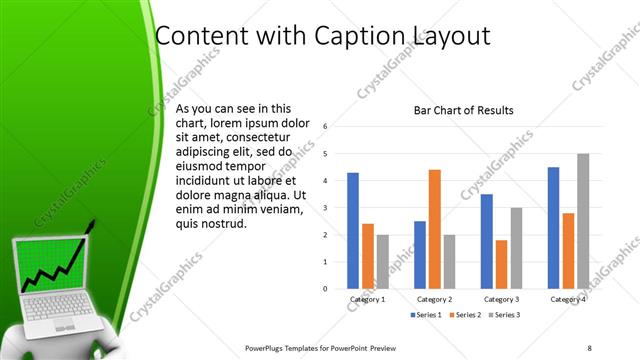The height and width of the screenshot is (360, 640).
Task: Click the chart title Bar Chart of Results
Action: click(x=463, y=110)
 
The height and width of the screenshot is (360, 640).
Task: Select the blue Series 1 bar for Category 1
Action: click(x=353, y=230)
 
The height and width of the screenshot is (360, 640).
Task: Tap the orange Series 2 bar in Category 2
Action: click(x=434, y=229)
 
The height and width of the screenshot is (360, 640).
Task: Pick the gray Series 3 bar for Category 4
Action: click(x=582, y=221)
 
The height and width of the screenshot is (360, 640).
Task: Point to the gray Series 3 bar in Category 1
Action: click(x=382, y=261)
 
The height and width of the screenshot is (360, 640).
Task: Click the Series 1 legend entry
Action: click(x=425, y=315)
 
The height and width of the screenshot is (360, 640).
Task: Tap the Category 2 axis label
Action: click(x=434, y=299)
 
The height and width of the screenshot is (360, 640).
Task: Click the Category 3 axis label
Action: click(x=501, y=299)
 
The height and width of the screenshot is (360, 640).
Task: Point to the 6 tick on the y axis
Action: click(x=325, y=127)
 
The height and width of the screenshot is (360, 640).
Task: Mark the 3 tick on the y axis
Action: click(x=325, y=208)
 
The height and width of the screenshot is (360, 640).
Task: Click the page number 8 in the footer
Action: click(x=589, y=348)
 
